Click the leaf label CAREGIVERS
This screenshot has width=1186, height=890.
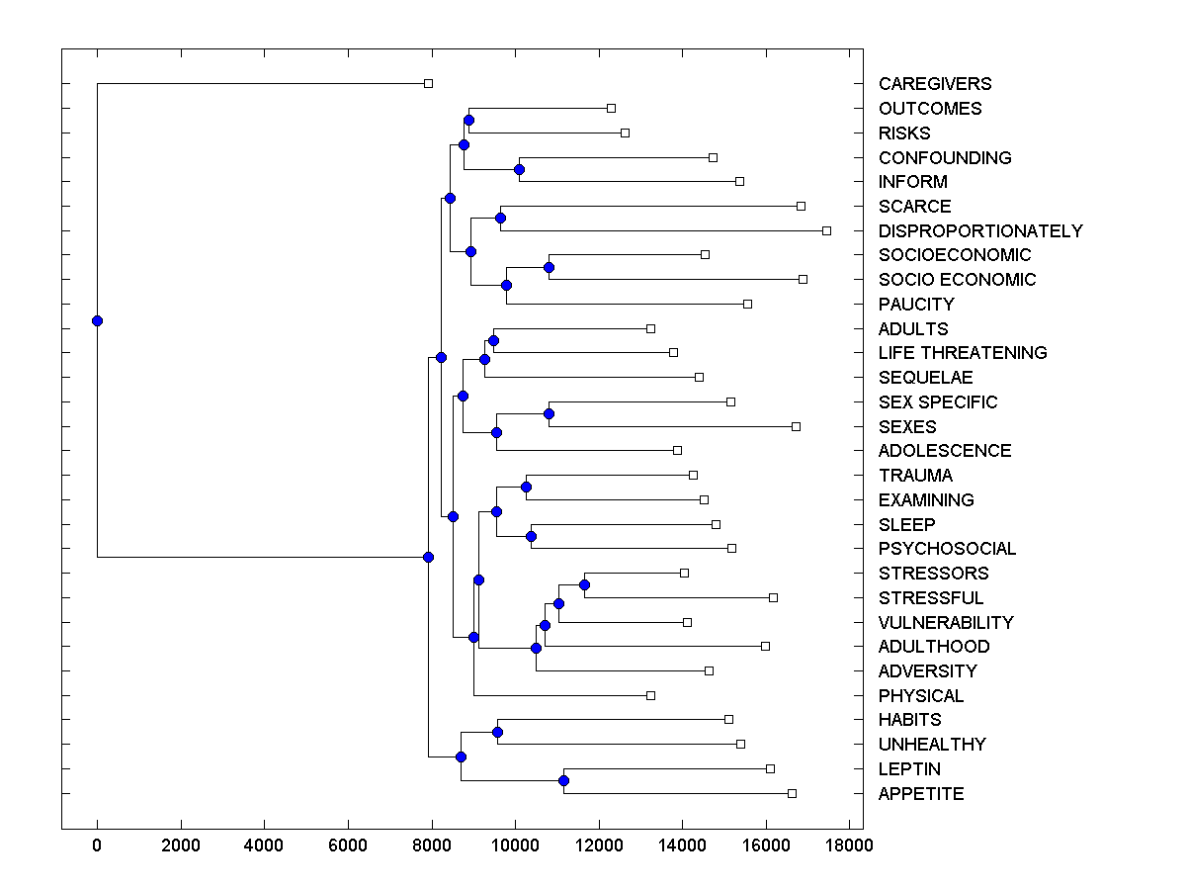point(934,84)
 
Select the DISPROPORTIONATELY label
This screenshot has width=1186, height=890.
point(979,231)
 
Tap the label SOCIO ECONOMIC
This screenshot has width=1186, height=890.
point(957,280)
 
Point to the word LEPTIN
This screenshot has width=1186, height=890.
point(909,769)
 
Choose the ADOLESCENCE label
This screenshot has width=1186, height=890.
point(944,451)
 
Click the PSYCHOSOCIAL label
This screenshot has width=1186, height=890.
point(947,549)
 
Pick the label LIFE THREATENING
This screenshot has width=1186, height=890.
point(962,353)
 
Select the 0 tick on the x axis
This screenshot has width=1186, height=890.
point(97,845)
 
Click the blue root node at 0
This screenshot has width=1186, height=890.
point(97,320)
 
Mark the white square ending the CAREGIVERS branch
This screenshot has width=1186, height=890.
point(428,84)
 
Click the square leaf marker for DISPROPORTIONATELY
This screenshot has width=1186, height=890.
point(826,230)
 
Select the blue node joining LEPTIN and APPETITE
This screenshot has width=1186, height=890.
point(563,781)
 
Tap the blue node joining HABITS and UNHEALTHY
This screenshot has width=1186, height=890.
point(497,732)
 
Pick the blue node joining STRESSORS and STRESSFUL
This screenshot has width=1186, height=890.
point(584,584)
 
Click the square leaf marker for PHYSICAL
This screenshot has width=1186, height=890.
point(650,695)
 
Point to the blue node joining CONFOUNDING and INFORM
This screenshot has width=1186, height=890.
point(519,169)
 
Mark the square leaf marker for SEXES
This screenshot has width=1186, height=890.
point(796,426)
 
